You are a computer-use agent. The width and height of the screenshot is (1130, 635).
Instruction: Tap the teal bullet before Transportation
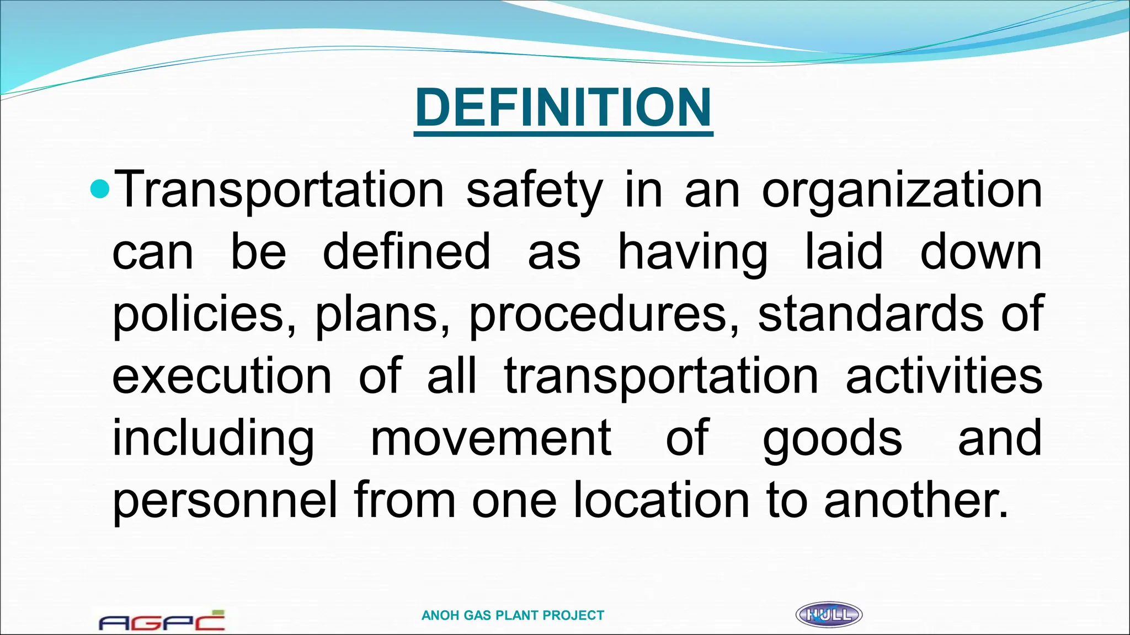pyautogui.click(x=100, y=190)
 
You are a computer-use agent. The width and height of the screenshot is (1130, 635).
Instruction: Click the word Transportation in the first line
pyautogui.click(x=279, y=190)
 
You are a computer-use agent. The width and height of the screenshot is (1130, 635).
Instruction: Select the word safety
pyautogui.click(x=534, y=191)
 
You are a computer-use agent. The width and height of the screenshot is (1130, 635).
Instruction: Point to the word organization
pyautogui.click(x=902, y=191)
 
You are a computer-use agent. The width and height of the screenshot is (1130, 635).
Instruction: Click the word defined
pyautogui.click(x=406, y=251)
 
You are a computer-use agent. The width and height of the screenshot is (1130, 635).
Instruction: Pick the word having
pyautogui.click(x=692, y=252)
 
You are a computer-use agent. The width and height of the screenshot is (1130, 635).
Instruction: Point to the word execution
pyautogui.click(x=222, y=376)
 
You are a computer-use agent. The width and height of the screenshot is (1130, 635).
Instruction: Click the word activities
pyautogui.click(x=944, y=376)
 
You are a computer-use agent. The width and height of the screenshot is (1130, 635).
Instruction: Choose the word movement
pyautogui.click(x=491, y=438)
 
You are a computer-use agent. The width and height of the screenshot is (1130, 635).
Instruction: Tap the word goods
pyautogui.click(x=832, y=439)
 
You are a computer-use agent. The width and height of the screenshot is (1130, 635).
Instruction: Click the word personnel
pyautogui.click(x=225, y=499)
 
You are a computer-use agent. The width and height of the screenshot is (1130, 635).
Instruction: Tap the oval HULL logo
pyautogui.click(x=829, y=615)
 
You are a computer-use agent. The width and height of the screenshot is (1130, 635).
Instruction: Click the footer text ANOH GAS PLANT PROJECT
pyautogui.click(x=513, y=615)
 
